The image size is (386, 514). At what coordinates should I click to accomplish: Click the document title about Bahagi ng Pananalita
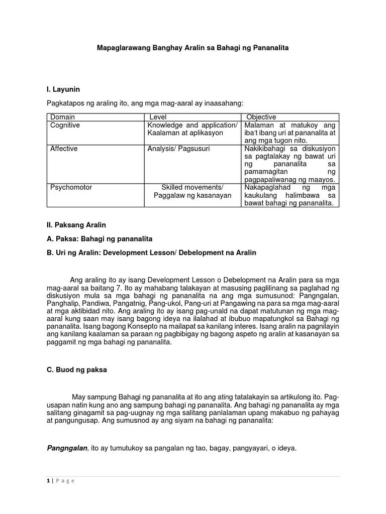[x=193, y=48]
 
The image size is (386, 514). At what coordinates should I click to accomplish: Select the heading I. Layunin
[x=63, y=89]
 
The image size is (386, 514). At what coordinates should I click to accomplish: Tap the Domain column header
[x=62, y=117]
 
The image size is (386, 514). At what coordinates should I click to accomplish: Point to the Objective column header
[x=261, y=117]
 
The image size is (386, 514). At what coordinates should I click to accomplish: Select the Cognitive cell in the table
[x=65, y=125]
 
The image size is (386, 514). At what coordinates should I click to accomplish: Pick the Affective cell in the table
[x=64, y=149]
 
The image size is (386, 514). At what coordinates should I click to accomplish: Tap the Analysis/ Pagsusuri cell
[x=171, y=149]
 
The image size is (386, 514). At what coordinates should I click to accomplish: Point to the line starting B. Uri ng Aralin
[x=151, y=252]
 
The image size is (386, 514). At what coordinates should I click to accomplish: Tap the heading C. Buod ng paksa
[x=77, y=370]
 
